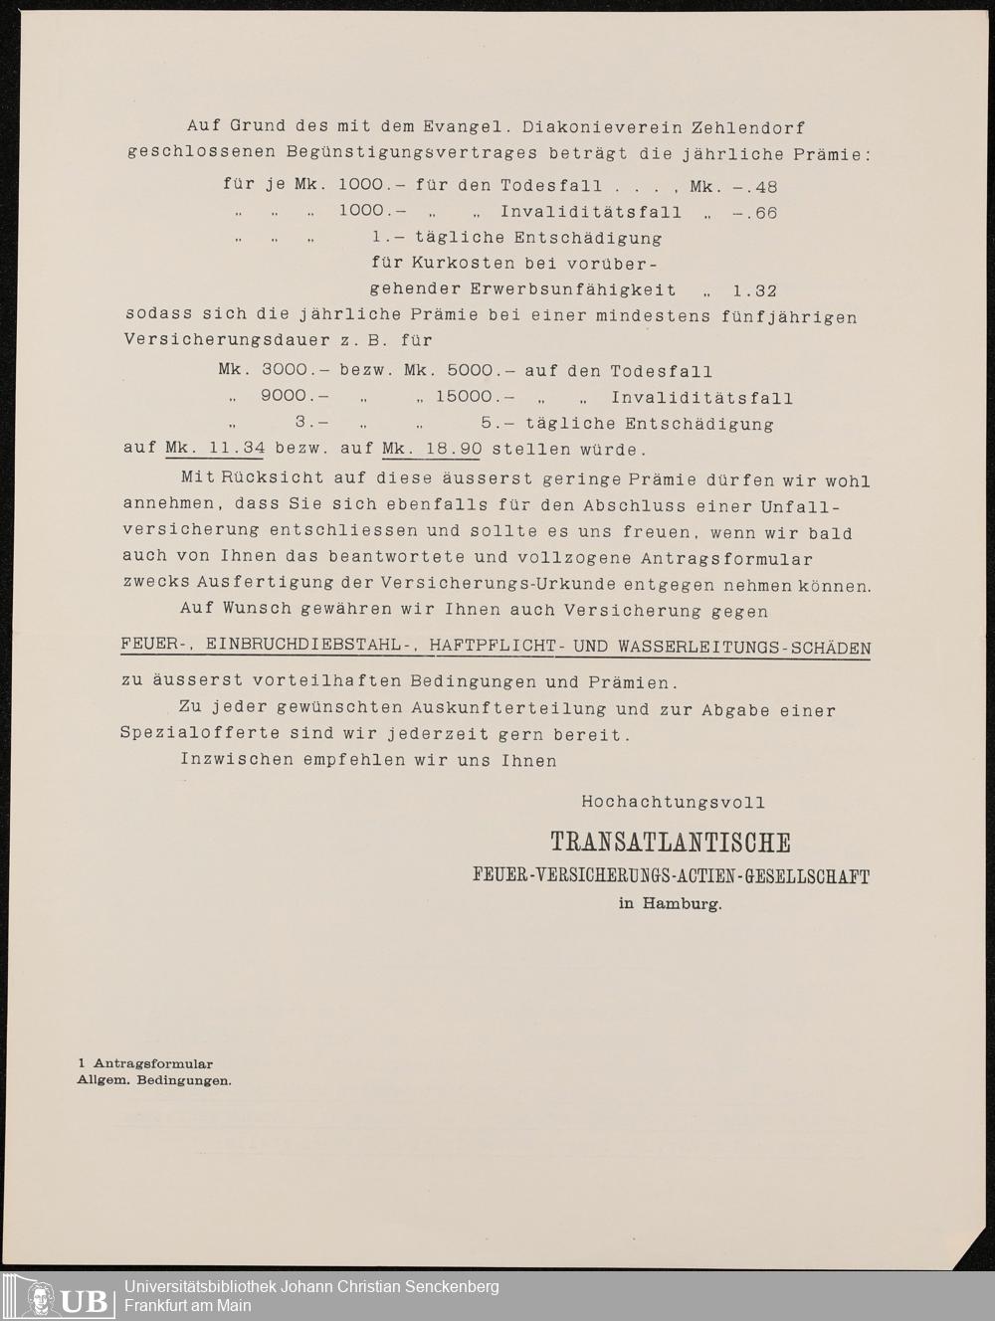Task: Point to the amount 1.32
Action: point(754,290)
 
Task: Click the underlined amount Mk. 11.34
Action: point(214,448)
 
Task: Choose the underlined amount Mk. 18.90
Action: point(432,448)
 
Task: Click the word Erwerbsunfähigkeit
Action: point(522,290)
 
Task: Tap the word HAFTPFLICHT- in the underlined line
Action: point(497,648)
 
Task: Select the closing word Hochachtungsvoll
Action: point(673,801)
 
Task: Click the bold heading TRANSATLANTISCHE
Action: point(671,843)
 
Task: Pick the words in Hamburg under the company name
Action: point(670,904)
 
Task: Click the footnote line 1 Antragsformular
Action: point(144,1063)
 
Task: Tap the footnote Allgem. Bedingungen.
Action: point(154,1079)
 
